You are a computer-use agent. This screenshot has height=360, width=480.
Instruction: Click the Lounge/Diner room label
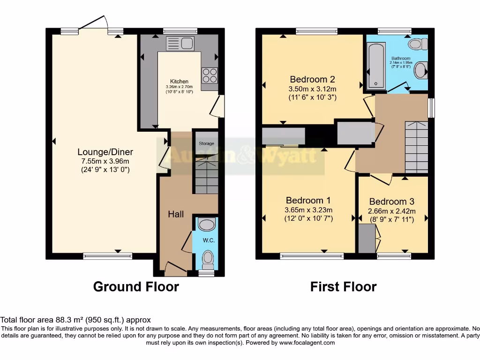(x=105, y=152)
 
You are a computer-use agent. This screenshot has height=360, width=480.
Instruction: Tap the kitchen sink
(x=180, y=44)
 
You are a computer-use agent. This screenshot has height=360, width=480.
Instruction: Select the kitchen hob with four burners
(x=209, y=75)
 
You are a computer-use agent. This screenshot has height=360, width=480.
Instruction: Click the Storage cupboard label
(x=206, y=143)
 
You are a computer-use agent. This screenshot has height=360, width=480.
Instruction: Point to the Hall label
(x=176, y=214)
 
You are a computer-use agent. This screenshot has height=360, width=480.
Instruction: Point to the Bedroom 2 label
(x=313, y=79)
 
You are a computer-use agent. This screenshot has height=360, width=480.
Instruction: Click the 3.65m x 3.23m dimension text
(x=308, y=210)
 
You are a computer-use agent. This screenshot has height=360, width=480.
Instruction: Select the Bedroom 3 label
(x=391, y=202)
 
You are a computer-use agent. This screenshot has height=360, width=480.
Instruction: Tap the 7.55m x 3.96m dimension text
(x=105, y=161)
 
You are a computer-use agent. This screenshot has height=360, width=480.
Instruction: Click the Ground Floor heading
(x=136, y=286)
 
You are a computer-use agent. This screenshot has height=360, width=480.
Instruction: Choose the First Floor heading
(x=343, y=286)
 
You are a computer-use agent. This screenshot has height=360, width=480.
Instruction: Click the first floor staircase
(x=416, y=147)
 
